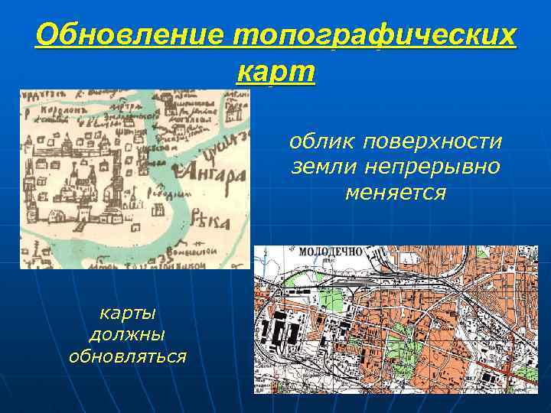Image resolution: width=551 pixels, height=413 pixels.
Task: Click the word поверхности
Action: (x=432, y=142)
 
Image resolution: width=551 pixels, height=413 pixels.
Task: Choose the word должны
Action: (x=128, y=334)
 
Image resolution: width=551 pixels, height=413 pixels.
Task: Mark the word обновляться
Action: (x=128, y=356)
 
